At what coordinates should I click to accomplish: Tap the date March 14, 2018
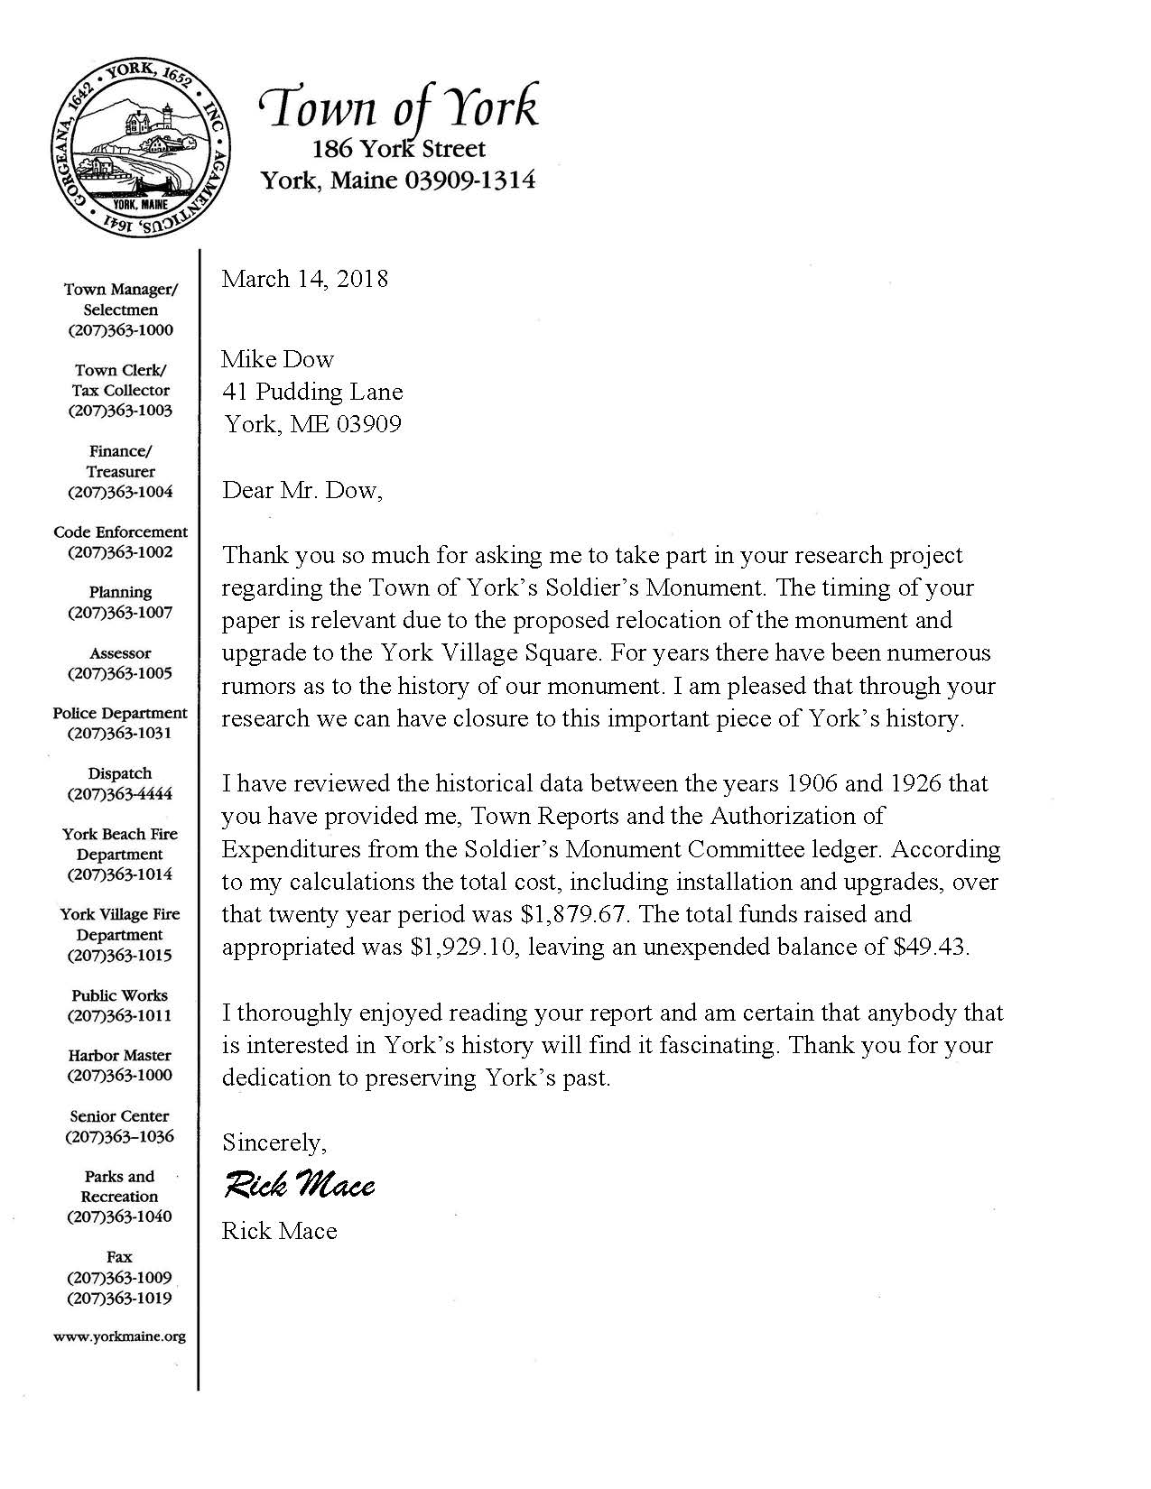305,279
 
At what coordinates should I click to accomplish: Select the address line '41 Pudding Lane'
312,392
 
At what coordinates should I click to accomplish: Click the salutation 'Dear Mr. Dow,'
302,490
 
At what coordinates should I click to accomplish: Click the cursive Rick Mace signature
299,1184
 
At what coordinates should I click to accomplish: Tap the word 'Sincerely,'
274,1143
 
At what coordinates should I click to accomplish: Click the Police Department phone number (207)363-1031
120,733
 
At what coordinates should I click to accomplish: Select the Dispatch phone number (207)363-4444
120,794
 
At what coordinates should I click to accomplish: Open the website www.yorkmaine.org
120,1336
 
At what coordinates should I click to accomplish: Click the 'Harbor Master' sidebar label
120,1055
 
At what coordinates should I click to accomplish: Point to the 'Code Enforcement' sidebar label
120,532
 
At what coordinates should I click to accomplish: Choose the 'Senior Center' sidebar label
120,1116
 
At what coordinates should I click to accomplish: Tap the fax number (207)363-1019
120,1299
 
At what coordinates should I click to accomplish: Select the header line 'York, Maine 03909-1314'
398,180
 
